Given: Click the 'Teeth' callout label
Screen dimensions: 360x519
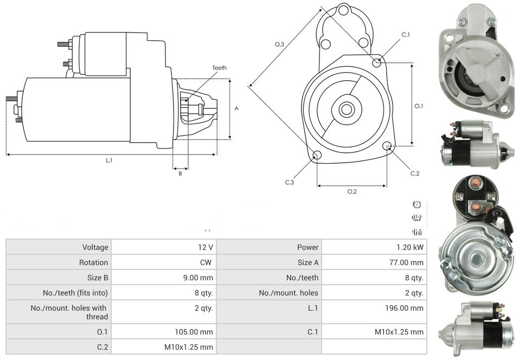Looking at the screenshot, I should pyautogui.click(x=219, y=68).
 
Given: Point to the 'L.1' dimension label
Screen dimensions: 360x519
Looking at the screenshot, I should pyautogui.click(x=109, y=160).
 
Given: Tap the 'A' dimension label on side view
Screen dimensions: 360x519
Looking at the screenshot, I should pyautogui.click(x=236, y=108).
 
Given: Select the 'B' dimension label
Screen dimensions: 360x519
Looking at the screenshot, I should pyautogui.click(x=180, y=173).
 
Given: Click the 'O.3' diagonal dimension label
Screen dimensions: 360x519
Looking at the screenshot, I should pyautogui.click(x=280, y=44).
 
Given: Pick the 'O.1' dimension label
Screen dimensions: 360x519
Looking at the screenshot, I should pyautogui.click(x=419, y=106).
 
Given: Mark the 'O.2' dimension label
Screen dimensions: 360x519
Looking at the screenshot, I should pyautogui.click(x=351, y=191).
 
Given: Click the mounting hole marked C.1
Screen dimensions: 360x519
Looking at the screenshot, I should pyautogui.click(x=377, y=62).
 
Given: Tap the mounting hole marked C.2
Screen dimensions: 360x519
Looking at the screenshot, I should pyautogui.click(x=387, y=146).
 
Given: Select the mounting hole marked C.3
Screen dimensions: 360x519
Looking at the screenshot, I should pyautogui.click(x=317, y=156).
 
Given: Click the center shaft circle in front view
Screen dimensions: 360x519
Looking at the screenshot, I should pyautogui.click(x=346, y=110).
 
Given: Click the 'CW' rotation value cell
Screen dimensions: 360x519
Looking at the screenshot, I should pyautogui.click(x=207, y=262).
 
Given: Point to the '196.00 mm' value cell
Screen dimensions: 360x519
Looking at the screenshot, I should pyautogui.click(x=401, y=308).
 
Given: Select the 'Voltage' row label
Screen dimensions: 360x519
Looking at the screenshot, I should pyautogui.click(x=95, y=247).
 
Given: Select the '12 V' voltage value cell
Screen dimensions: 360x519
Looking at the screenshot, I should pyautogui.click(x=206, y=247).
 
